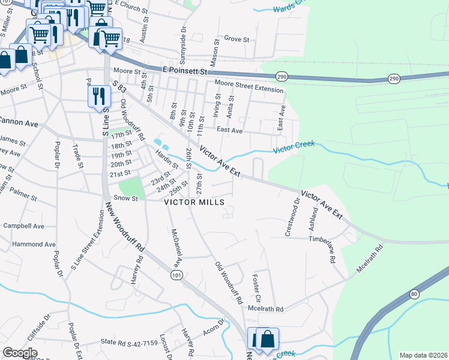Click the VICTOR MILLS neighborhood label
tap(194, 203)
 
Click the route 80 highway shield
tap(414, 294)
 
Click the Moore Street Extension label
tap(249, 86)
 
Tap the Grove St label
tap(237, 39)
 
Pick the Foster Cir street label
tap(256, 288)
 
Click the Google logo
tap(20, 353)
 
